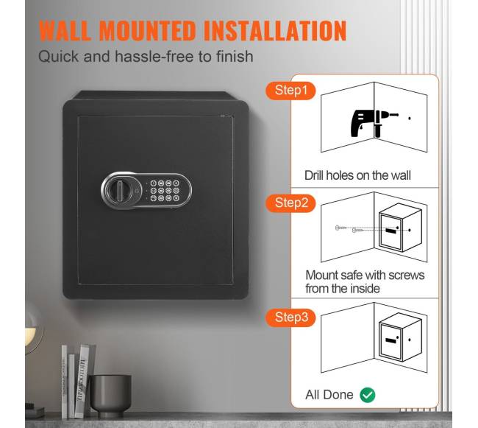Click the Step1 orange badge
coord(290,91)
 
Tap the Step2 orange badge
coord(290,203)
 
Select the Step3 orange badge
coord(290,318)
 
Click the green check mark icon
coord(368,395)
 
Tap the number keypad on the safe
coord(165,191)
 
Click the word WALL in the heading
coord(65,30)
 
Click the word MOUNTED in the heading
coord(147,30)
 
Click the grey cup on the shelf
coord(111,396)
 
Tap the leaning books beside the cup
coord(75,382)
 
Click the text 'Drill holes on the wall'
coord(357,175)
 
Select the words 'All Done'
coord(329,395)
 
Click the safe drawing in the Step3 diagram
coord(400,337)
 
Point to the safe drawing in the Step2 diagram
coord(400,228)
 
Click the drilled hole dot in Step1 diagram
coord(410,118)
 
